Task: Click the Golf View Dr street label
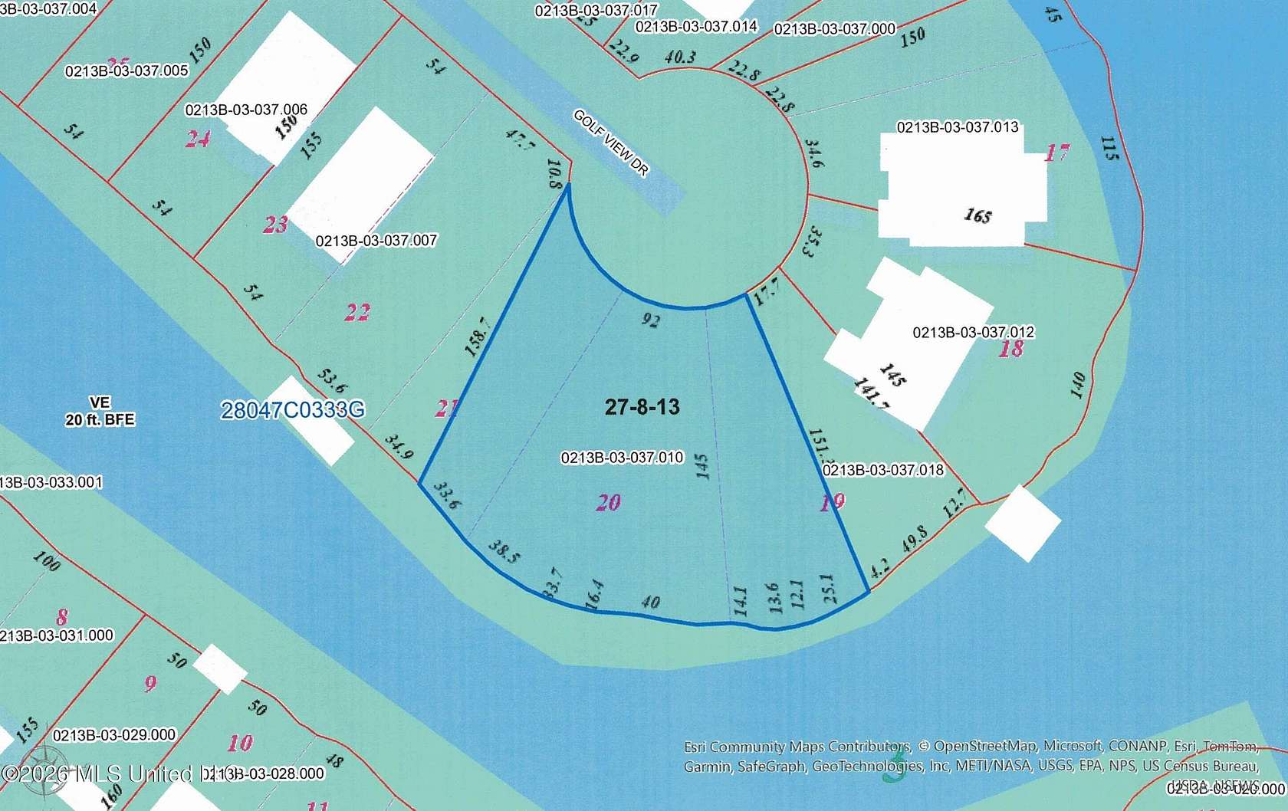point(611,143)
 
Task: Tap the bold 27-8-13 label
point(642,406)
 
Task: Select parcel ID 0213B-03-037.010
point(622,458)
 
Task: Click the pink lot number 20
point(609,503)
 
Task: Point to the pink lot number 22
point(357,312)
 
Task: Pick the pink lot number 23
point(276,225)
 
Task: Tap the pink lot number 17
point(1056,153)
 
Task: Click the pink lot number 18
point(1011,349)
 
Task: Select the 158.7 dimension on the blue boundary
point(478,337)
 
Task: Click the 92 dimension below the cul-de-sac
point(650,320)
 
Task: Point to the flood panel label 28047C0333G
point(293,411)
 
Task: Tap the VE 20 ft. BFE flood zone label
point(100,412)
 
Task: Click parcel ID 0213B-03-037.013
point(958,127)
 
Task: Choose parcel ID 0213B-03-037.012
point(973,333)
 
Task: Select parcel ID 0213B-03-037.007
point(376,241)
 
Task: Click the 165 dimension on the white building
point(978,216)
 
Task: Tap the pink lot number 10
point(239,743)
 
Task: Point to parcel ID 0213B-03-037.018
point(882,470)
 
